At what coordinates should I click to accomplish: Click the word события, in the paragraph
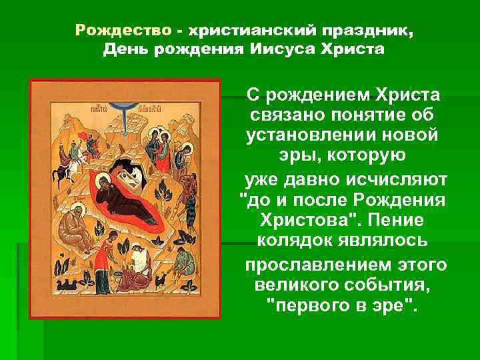(385, 285)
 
